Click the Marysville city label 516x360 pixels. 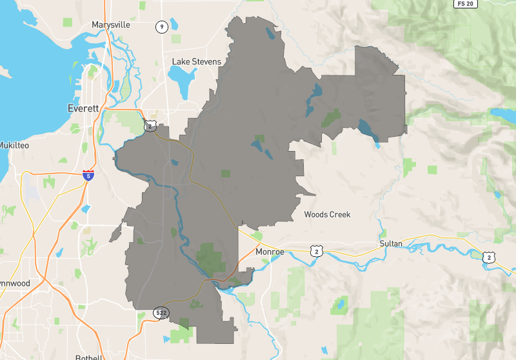coord(111,25)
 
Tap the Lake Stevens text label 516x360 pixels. coord(196,62)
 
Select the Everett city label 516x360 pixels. coord(83,108)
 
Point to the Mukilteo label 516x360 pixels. coord(14,145)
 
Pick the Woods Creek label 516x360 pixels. coord(327,214)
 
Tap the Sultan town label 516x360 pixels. coord(391,243)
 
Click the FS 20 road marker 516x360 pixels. coord(465,4)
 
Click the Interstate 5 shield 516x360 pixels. coord(88,175)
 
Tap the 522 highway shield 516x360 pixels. coord(161,313)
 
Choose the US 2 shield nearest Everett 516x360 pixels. coord(150,125)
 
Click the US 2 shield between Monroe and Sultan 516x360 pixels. coord(316,251)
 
